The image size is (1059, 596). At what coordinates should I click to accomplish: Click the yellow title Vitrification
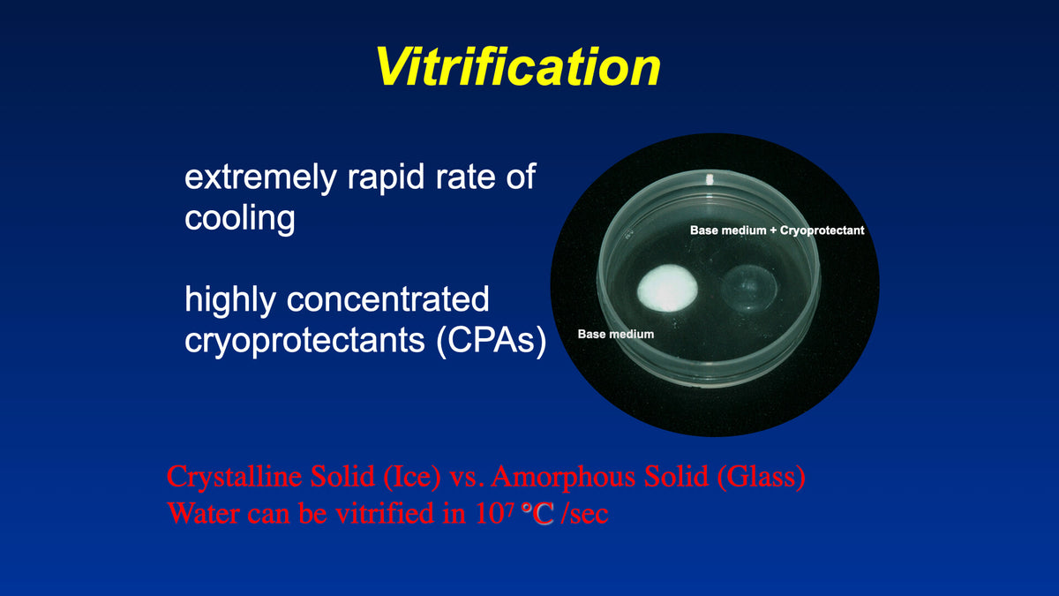pos(518,65)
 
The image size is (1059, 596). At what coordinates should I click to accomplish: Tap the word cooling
pos(239,218)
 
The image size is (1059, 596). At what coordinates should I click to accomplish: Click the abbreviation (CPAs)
pos(491,340)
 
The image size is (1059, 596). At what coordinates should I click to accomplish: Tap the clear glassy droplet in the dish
pos(749,284)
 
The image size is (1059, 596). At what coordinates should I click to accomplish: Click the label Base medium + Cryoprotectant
pos(776,230)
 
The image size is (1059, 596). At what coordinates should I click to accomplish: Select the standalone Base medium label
pos(615,335)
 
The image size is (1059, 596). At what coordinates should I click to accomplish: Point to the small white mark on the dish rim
pos(707,180)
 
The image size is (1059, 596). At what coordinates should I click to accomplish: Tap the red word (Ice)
pos(411,478)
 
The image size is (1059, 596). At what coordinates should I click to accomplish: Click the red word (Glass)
pos(761,478)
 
